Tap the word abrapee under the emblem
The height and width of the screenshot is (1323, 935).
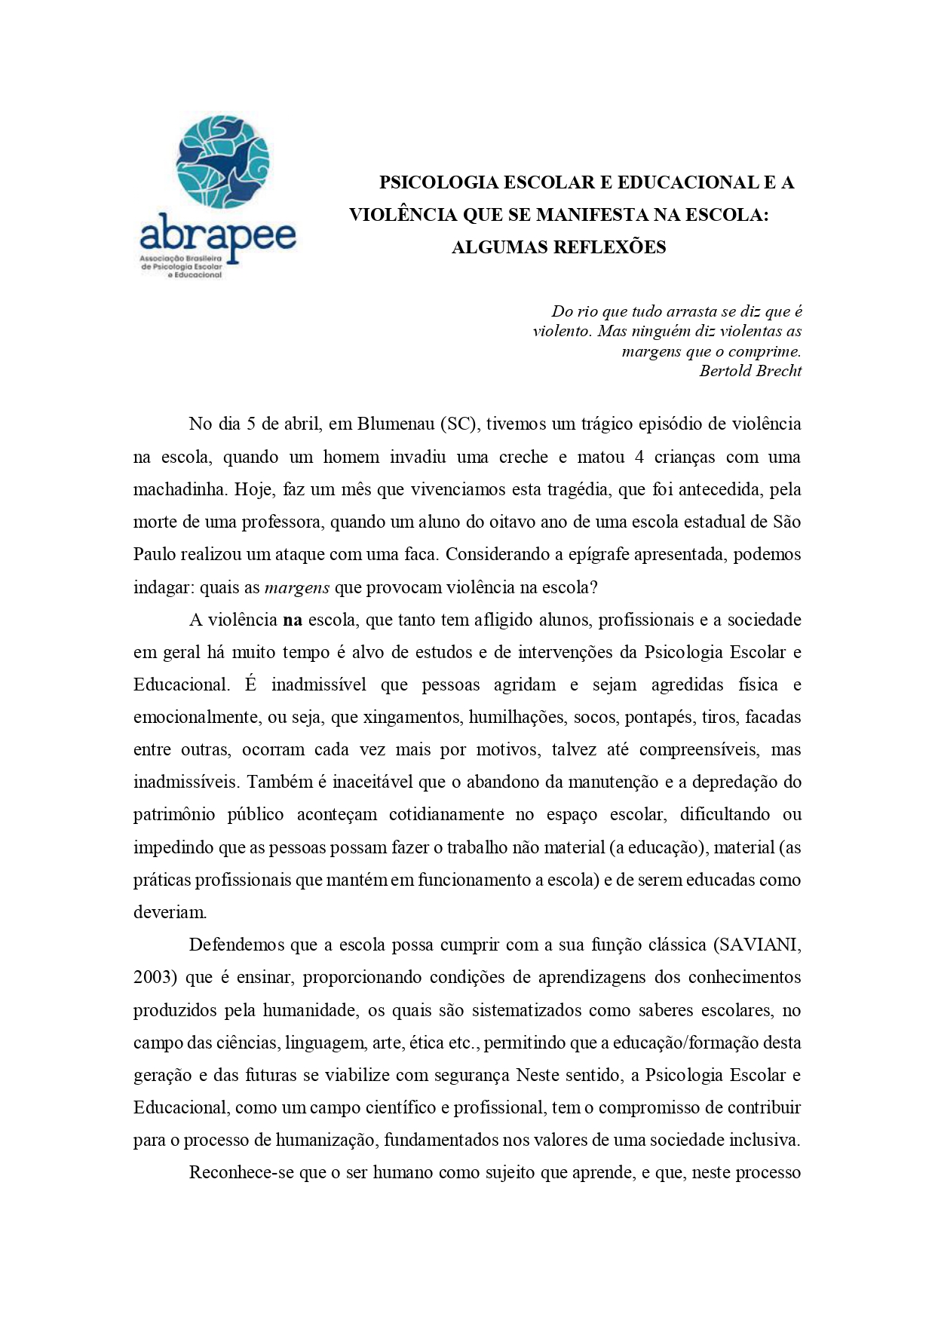pyautogui.click(x=218, y=234)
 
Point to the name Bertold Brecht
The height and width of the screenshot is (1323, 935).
pyautogui.click(x=750, y=371)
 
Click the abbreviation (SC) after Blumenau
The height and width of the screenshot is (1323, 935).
pyautogui.click(x=460, y=424)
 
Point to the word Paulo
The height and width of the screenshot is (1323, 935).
pyautogui.click(x=155, y=555)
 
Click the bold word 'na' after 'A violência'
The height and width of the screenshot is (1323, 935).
pyautogui.click(x=293, y=620)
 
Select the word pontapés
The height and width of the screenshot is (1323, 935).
pyautogui.click(x=658, y=718)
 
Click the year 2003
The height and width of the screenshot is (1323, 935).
pyautogui.click(x=155, y=978)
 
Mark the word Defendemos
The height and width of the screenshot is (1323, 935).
pyautogui.click(x=235, y=945)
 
